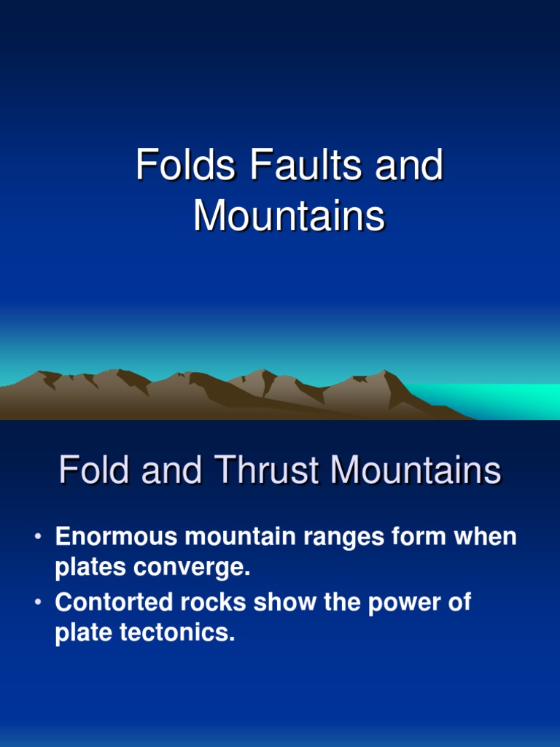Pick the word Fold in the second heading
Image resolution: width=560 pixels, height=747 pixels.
pyautogui.click(x=95, y=471)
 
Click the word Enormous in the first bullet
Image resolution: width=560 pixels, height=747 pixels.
pyautogui.click(x=117, y=538)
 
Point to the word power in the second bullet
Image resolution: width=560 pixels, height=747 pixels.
pyautogui.click(x=399, y=603)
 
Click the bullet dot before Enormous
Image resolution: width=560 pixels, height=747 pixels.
pyautogui.click(x=37, y=538)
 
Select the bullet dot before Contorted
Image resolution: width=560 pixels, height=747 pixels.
pyautogui.click(x=37, y=603)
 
